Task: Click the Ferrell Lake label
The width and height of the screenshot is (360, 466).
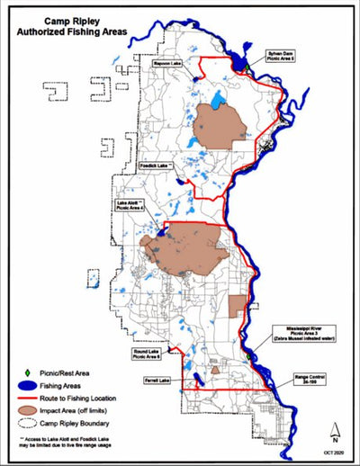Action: pos(143,381)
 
